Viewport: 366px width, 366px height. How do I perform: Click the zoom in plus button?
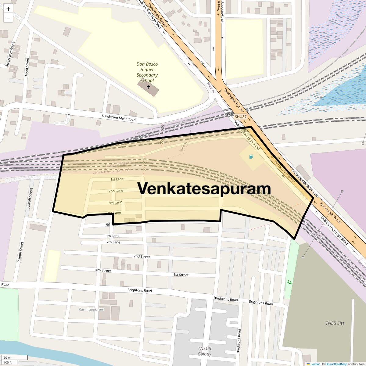[8, 9]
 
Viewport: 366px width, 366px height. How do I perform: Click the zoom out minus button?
[8, 18]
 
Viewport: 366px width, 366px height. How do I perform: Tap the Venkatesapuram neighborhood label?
[204, 188]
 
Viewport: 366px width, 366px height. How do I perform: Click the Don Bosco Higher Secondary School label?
[147, 72]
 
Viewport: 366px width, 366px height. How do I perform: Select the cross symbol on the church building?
[148, 87]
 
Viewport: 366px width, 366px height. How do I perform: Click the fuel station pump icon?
[251, 157]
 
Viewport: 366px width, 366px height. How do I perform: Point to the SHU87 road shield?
[240, 117]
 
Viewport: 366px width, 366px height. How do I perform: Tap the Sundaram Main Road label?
[118, 117]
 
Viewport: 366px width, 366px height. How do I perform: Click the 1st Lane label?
[117, 179]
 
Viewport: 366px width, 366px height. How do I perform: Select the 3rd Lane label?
[115, 203]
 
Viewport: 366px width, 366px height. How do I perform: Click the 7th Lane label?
[113, 242]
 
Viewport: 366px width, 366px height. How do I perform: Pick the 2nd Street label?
[142, 257]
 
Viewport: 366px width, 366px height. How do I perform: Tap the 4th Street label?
[103, 270]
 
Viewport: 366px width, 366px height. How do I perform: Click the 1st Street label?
[181, 275]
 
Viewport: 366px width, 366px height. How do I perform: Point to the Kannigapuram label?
[91, 309]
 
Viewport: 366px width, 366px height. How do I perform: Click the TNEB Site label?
[335, 323]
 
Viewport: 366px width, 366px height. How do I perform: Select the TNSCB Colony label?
[204, 351]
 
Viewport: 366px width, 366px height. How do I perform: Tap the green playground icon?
[289, 282]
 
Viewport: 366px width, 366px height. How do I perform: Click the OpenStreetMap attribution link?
[336, 364]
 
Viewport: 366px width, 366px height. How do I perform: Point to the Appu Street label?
[27, 67]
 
